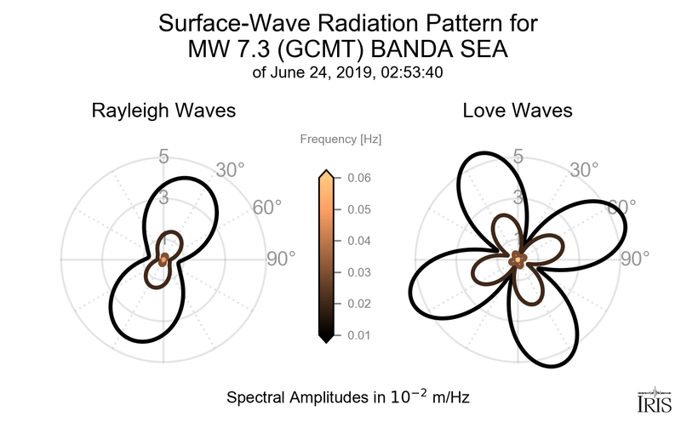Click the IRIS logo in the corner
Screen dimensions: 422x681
click(x=655, y=399)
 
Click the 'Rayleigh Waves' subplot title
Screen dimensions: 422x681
click(x=163, y=111)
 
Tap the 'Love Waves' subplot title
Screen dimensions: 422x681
click(x=517, y=111)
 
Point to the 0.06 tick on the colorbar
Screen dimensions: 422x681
click(x=358, y=178)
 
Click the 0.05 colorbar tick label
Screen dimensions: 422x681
click(x=358, y=209)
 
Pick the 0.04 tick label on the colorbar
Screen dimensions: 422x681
click(x=358, y=241)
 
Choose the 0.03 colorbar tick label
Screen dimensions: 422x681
click(x=358, y=272)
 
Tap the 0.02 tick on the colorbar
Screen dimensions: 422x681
click(x=358, y=304)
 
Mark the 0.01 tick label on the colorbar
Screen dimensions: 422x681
click(x=358, y=335)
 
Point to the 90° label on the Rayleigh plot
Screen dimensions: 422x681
click(x=280, y=259)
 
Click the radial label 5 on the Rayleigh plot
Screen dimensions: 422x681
click(x=163, y=157)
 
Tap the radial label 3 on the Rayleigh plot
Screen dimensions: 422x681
click(x=163, y=199)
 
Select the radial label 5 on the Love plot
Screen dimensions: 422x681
click(x=517, y=157)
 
